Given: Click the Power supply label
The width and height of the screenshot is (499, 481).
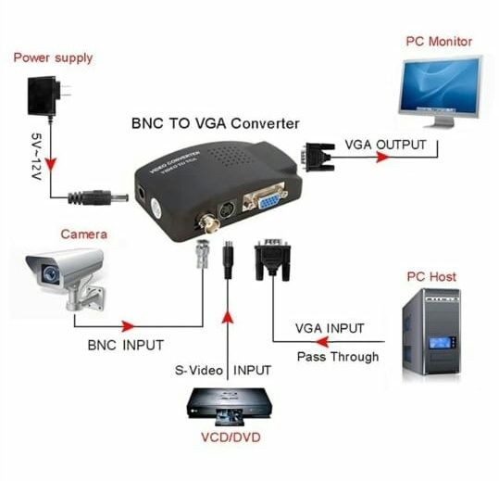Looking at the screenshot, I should pyautogui.click(x=53, y=57).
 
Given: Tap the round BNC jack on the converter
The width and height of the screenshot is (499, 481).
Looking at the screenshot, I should pyautogui.click(x=202, y=224).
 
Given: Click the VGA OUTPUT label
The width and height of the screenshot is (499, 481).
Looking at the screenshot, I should pyautogui.click(x=385, y=146).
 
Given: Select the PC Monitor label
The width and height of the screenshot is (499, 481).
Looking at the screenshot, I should pyautogui.click(x=438, y=42).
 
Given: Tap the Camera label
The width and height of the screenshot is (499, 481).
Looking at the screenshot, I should pyautogui.click(x=84, y=234).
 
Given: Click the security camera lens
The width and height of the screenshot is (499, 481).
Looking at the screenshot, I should pyautogui.click(x=39, y=272).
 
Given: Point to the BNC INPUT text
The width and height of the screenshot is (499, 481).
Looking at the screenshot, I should pyautogui.click(x=125, y=345).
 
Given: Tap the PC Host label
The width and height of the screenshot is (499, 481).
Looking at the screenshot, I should pyautogui.click(x=431, y=276).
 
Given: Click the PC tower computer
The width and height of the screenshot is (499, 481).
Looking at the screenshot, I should pyautogui.click(x=430, y=334).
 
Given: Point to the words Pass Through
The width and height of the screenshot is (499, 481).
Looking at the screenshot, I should pyautogui.click(x=337, y=357).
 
